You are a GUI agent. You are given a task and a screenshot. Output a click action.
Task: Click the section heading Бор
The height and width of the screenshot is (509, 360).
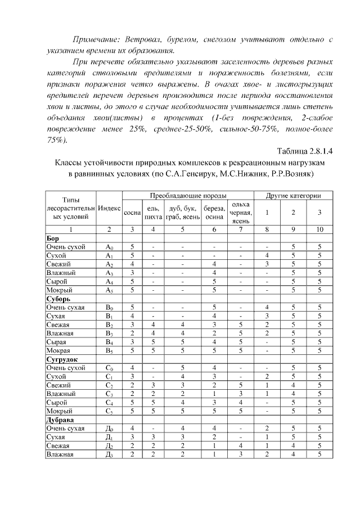(51, 238)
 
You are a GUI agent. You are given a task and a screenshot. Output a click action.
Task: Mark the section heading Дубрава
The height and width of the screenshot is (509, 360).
(59, 420)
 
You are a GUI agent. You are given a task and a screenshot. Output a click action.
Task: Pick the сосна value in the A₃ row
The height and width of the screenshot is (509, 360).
(132, 273)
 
